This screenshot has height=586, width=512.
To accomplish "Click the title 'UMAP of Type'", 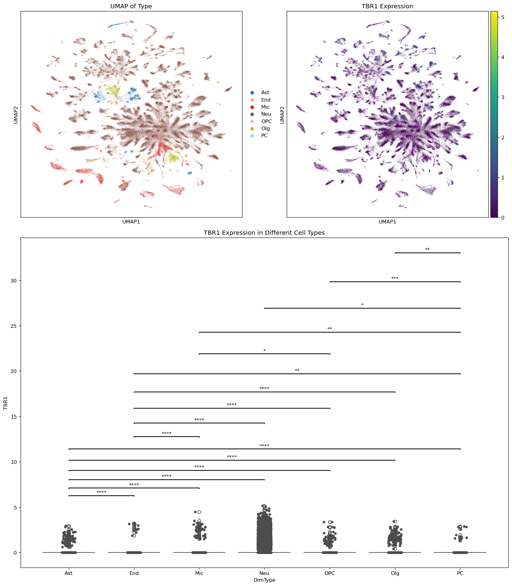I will click(x=131, y=6).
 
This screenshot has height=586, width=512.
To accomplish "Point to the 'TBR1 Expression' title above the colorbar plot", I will click(x=387, y=6).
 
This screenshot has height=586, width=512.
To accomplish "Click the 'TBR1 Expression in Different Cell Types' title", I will click(x=264, y=233).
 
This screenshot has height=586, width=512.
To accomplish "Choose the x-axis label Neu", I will click(x=264, y=573).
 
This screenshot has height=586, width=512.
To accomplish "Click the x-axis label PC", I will click(x=460, y=573).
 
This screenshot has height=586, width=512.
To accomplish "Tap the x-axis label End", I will click(x=134, y=573).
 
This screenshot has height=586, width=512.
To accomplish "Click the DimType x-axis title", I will click(x=264, y=580).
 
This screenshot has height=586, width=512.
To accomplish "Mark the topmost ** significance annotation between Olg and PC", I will click(x=427, y=250).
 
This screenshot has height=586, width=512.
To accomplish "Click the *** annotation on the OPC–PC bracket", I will click(x=395, y=279).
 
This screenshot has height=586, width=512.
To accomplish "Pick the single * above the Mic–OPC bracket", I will click(x=264, y=351).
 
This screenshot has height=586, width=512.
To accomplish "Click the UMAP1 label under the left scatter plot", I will click(x=131, y=222).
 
